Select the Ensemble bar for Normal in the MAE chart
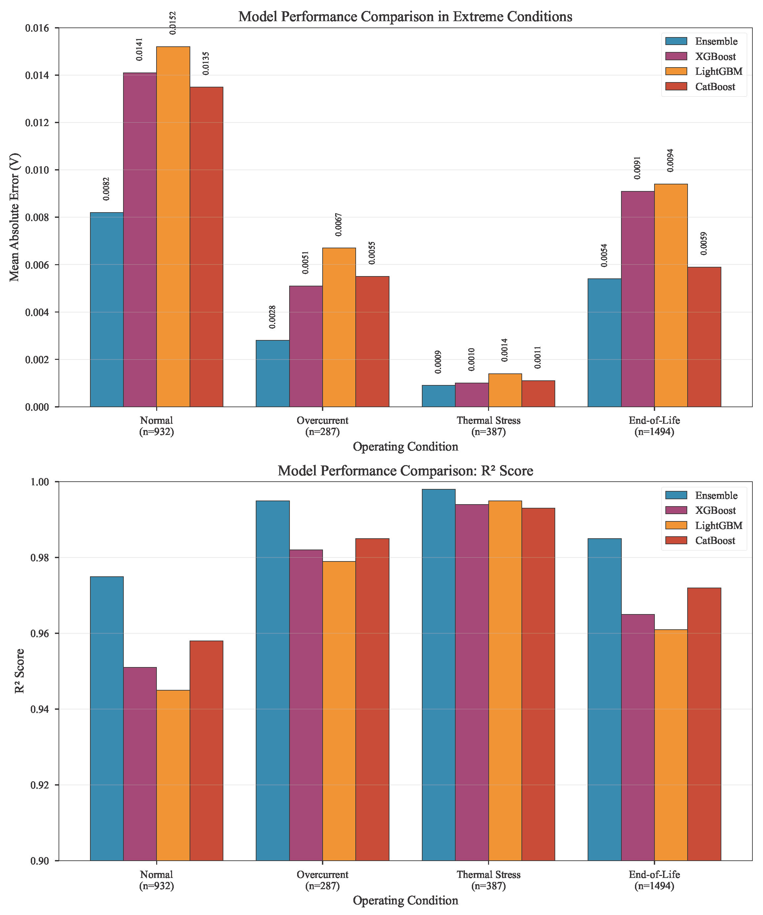click(107, 310)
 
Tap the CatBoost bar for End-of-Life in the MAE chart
click(704, 337)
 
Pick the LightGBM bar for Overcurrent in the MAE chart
click(339, 327)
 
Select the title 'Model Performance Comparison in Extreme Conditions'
click(405, 17)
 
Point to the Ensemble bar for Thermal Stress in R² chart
click(438, 675)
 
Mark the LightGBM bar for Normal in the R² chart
click(173, 775)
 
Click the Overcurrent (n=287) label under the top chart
click(322, 426)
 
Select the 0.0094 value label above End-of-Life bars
click(670, 160)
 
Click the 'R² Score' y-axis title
click(19, 671)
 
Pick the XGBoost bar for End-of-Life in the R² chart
click(638, 737)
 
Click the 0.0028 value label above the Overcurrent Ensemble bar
click(272, 317)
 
